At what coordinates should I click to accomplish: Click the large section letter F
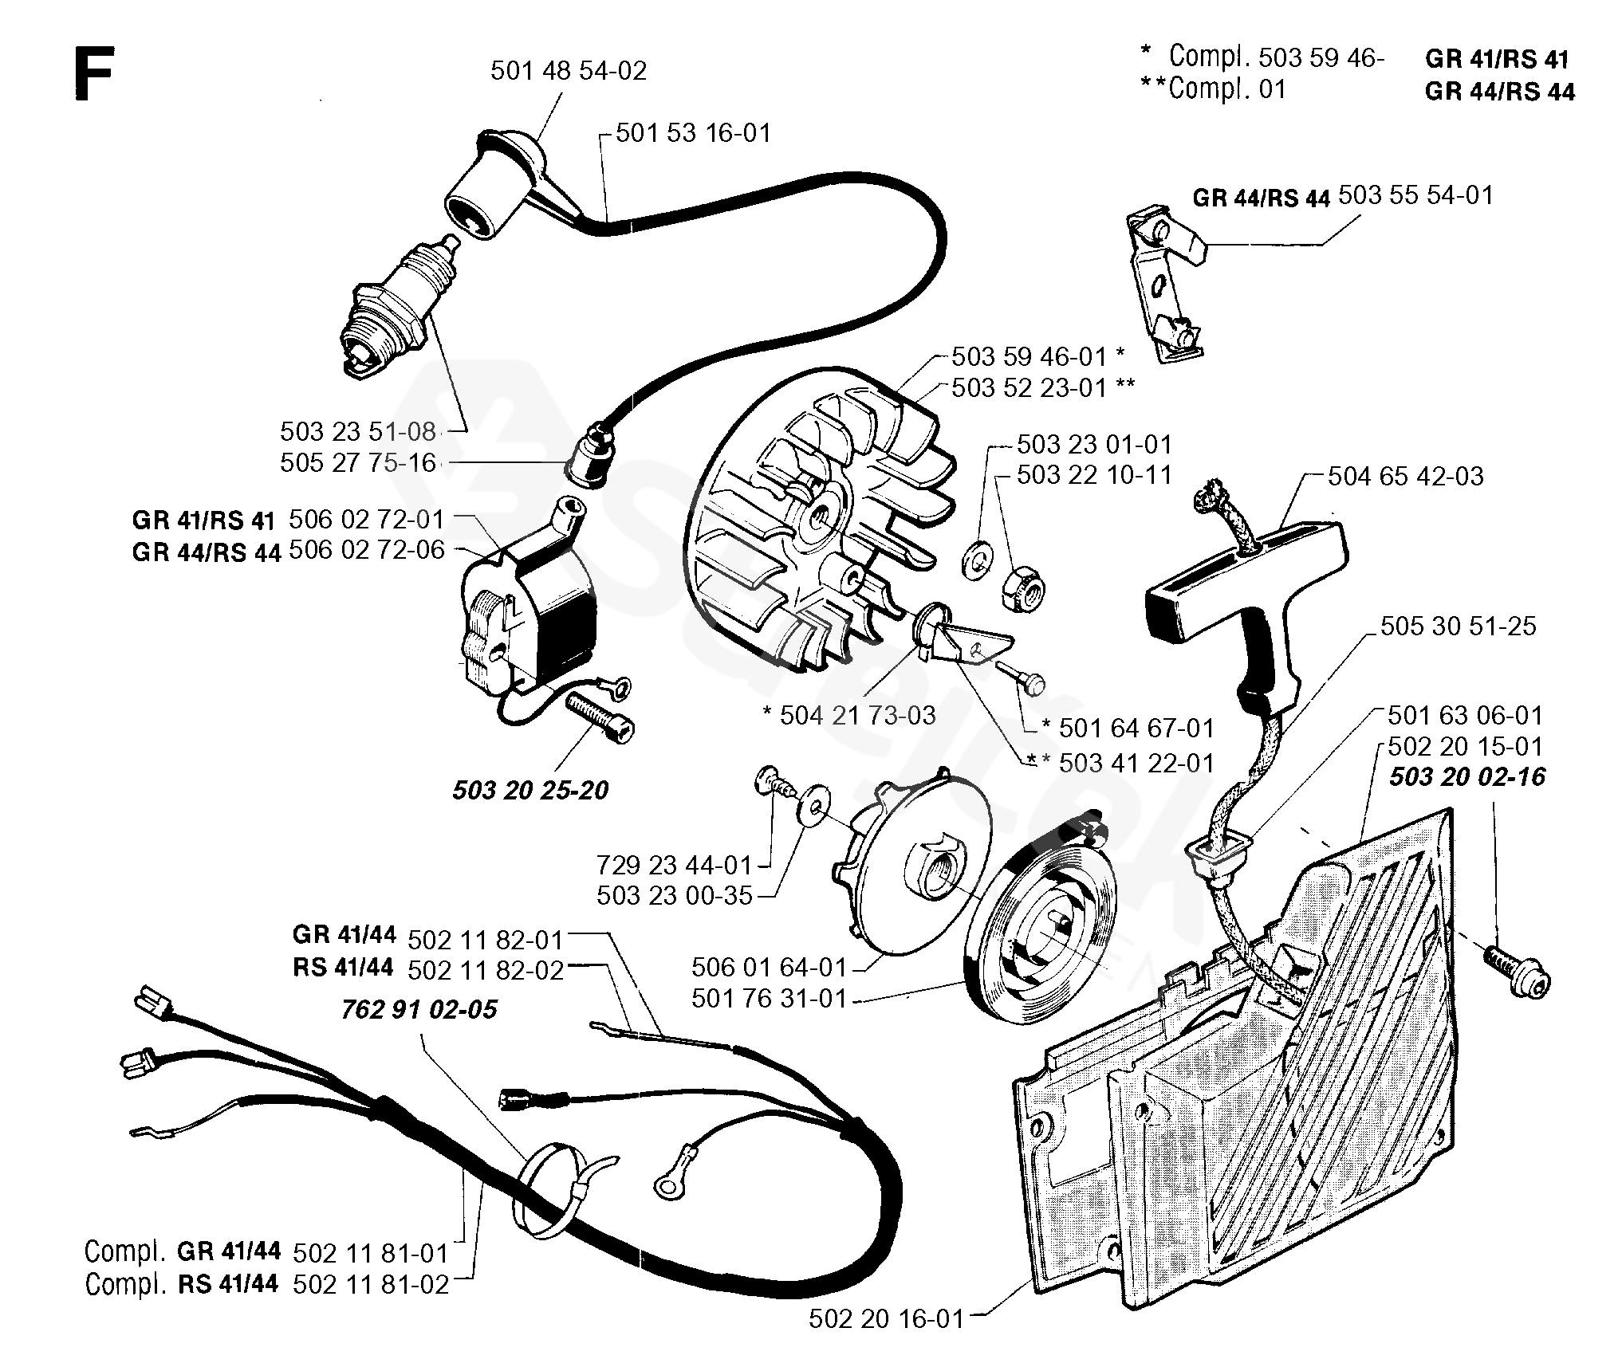click(93, 73)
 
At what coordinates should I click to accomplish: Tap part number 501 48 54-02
click(569, 71)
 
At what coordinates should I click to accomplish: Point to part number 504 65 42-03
click(1405, 477)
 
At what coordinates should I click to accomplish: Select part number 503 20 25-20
click(530, 790)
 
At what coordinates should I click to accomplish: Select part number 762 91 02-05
click(419, 1009)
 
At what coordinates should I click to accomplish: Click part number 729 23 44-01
click(675, 865)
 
